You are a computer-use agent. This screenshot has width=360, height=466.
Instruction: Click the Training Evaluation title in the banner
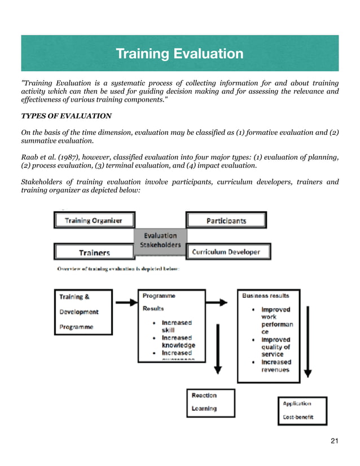coord(179,54)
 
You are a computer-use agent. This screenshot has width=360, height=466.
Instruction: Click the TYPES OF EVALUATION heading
coord(66,116)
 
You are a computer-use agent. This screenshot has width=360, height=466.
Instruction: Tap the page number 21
coord(334,440)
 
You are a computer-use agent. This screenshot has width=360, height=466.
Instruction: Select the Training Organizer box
coord(94,220)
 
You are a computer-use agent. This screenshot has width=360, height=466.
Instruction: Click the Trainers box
coord(94,252)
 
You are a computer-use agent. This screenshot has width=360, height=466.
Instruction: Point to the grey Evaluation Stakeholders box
coord(160,240)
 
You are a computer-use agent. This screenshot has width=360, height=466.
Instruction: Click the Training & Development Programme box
coord(84,311)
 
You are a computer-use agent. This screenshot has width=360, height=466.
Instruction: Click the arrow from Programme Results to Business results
coord(220,303)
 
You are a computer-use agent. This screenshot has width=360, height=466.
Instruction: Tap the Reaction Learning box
coord(210,402)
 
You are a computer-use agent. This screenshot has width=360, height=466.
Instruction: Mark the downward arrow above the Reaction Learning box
coord(218,338)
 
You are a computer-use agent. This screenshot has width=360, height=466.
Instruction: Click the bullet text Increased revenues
coord(276,366)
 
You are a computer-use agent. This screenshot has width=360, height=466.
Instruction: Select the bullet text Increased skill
coord(176,326)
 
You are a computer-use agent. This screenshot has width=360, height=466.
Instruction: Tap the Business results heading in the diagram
coord(265,296)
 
